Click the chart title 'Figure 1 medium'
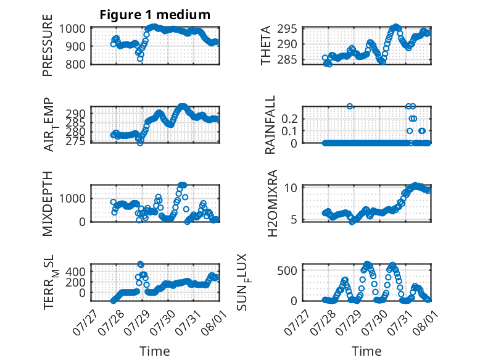155,15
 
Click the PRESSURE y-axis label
48,45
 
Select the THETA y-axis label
266,45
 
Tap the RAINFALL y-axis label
270,125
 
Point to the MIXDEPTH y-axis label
48,203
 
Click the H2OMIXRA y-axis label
272,203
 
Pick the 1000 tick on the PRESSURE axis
72,29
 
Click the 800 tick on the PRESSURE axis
75,64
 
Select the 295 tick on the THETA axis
287,29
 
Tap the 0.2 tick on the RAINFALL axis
289,119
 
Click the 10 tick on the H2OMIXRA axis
291,188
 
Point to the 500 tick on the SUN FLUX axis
287,270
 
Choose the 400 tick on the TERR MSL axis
75,272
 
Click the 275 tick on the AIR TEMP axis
75,141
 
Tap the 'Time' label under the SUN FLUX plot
366,351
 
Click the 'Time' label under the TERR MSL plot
155,351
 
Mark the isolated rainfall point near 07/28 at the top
350,106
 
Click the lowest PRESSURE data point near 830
140,59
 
